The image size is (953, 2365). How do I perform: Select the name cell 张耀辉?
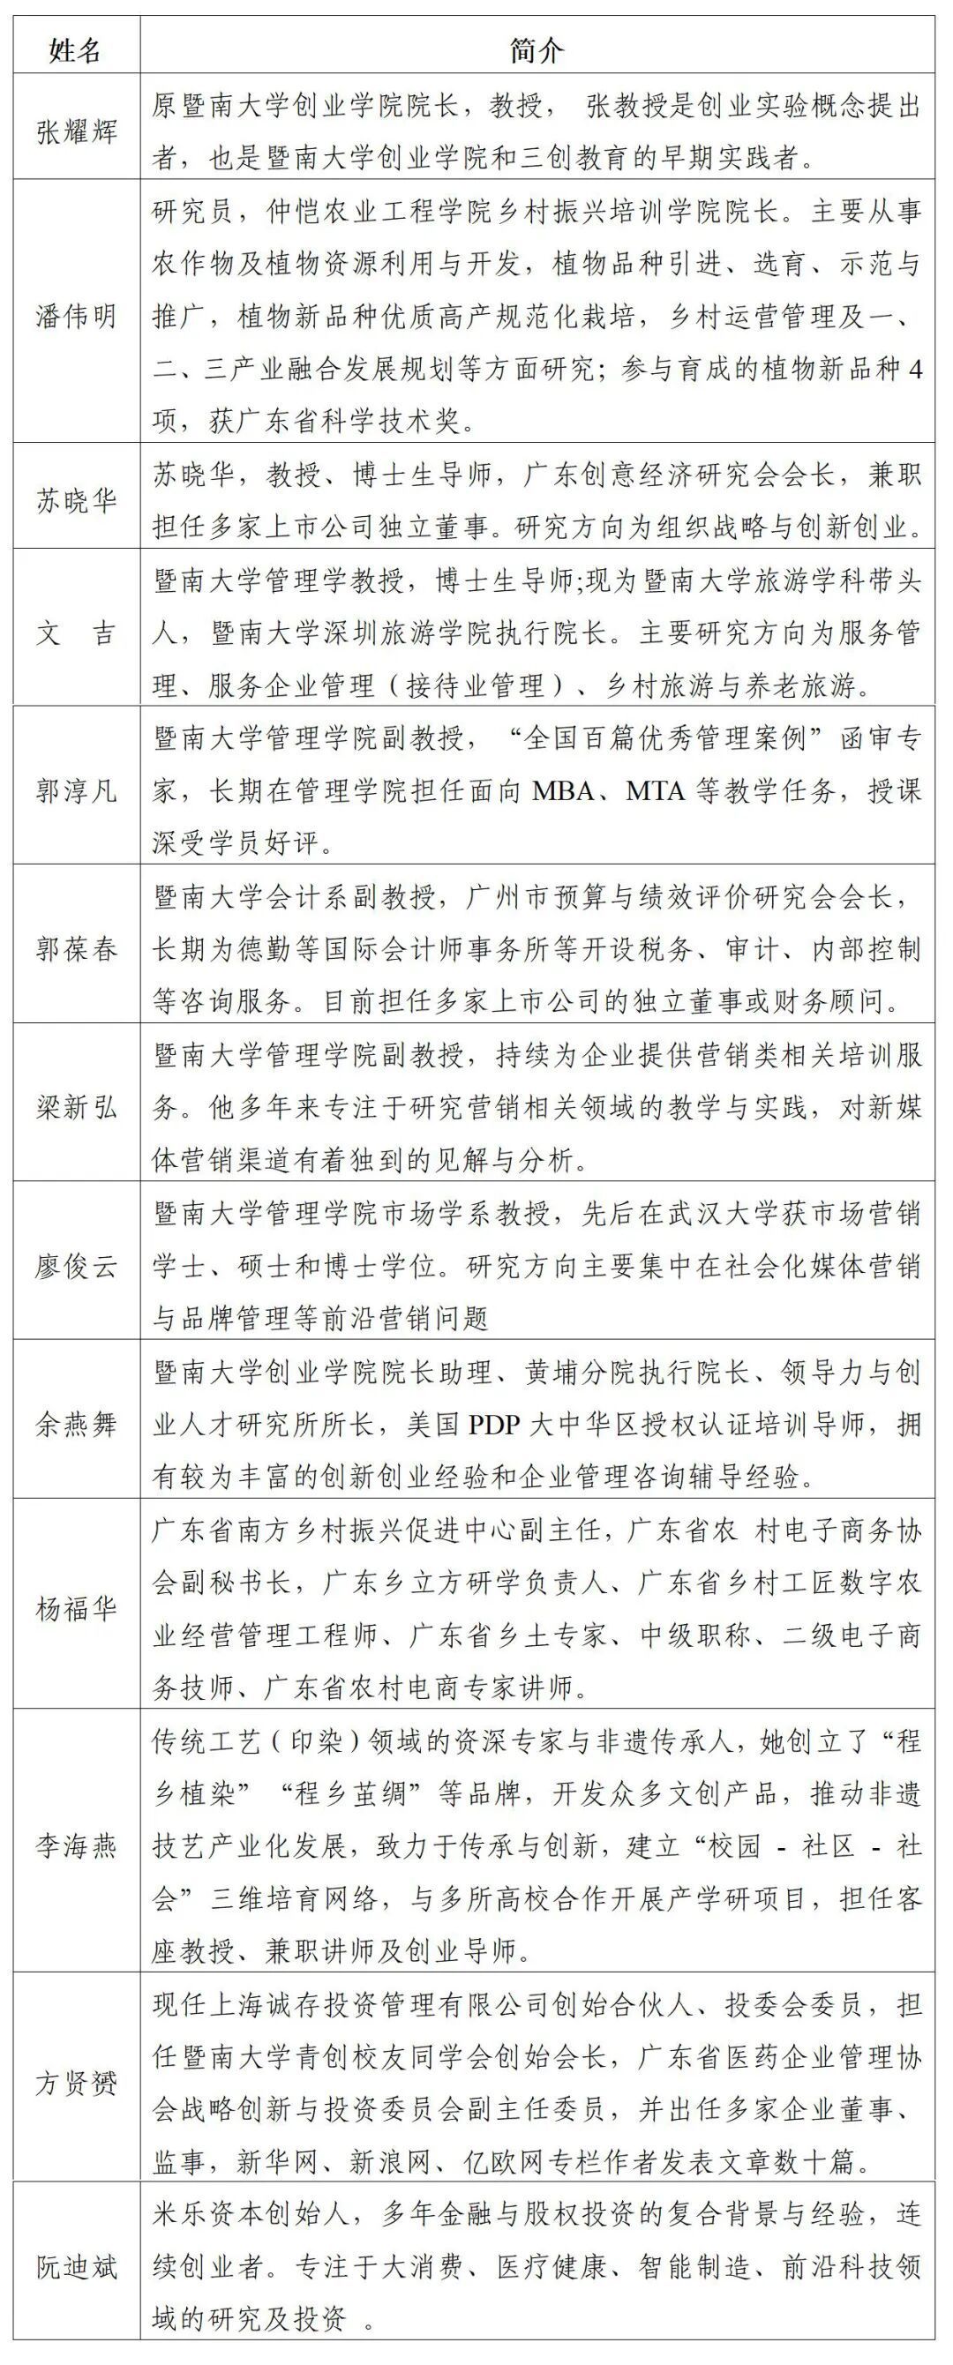tap(76, 132)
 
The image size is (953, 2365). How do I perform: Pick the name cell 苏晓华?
tap(76, 501)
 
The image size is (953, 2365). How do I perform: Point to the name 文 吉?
tap(76, 633)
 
